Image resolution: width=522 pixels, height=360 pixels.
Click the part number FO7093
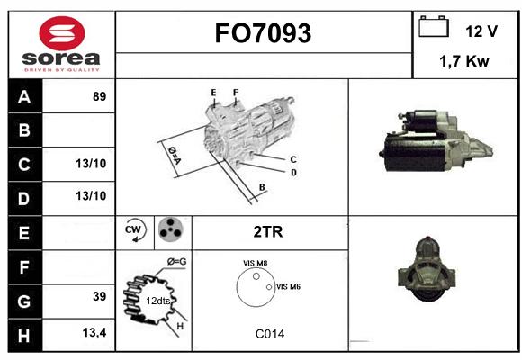click(263, 33)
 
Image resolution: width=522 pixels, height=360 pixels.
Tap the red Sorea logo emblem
click(62, 33)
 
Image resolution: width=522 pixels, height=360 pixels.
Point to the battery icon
click(434, 26)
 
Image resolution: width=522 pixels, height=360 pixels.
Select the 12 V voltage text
click(481, 31)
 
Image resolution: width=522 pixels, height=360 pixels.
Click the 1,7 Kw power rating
click(464, 61)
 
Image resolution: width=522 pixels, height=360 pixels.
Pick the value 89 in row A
click(100, 96)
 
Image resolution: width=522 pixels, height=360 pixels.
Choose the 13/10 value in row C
click(91, 164)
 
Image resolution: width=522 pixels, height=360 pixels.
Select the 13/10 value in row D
click(91, 196)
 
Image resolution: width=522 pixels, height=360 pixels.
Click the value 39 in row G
click(100, 296)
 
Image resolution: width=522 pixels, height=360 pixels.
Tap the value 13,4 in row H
click(94, 332)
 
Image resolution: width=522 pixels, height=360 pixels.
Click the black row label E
click(25, 233)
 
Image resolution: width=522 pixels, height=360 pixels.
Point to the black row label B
click(25, 130)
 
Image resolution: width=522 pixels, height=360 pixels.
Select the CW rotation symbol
click(134, 229)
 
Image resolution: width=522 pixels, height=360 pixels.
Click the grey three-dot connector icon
click(170, 229)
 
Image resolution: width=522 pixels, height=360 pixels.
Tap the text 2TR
click(268, 232)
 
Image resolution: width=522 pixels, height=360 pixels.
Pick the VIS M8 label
click(256, 263)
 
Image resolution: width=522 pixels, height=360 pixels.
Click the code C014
click(270, 334)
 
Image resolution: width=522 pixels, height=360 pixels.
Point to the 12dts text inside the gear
click(158, 301)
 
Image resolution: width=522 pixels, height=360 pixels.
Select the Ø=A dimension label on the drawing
click(175, 156)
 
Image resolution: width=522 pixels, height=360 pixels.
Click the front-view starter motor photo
click(427, 269)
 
